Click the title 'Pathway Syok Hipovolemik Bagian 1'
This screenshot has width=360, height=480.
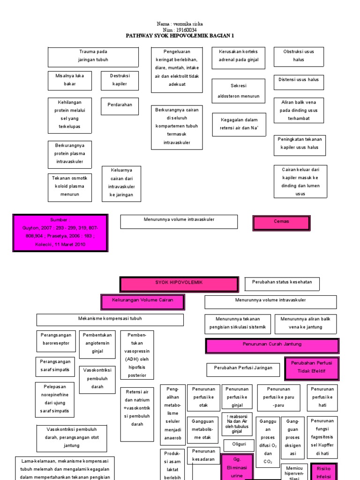pyautogui.click(x=180, y=35)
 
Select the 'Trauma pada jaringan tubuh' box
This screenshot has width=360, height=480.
pyautogui.click(x=93, y=57)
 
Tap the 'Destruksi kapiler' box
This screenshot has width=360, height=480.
pyautogui.click(x=119, y=80)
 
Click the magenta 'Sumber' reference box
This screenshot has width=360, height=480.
pyautogui.click(x=60, y=233)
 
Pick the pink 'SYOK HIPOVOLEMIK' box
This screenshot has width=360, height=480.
pyautogui.click(x=180, y=284)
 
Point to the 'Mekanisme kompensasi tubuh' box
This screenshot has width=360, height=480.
pyautogui.click(x=110, y=320)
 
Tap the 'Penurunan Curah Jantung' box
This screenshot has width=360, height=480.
pyautogui.click(x=271, y=345)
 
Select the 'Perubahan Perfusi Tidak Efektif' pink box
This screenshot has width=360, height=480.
pyautogui.click(x=311, y=368)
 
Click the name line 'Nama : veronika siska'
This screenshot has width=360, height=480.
pyautogui.click(x=180, y=24)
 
